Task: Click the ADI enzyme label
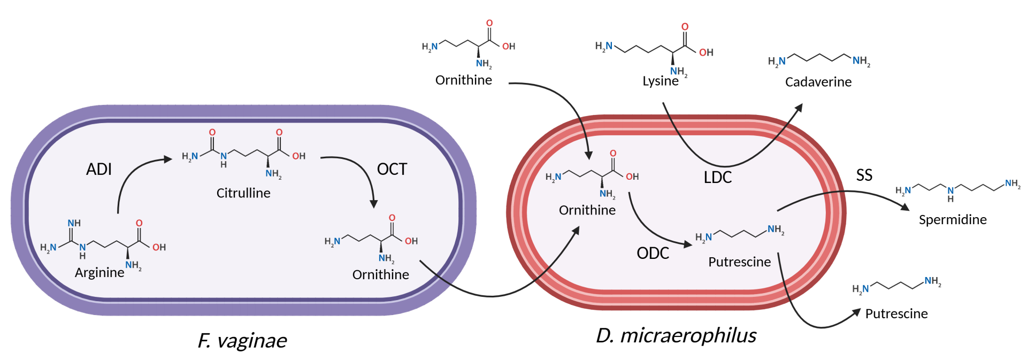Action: (99, 169)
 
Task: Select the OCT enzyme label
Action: (392, 169)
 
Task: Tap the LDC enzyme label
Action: (717, 177)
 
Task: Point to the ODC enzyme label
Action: (653, 253)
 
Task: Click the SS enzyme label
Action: (864, 175)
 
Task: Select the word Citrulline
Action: (243, 193)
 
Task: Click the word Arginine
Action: (99, 273)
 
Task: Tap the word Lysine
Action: (661, 81)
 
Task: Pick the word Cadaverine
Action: (818, 82)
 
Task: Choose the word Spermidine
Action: (953, 220)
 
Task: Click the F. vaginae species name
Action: (242, 341)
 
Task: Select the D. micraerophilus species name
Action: (676, 335)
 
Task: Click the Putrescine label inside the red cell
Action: (740, 262)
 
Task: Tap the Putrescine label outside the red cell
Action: (896, 313)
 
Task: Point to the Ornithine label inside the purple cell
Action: (380, 274)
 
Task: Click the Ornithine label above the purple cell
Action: (464, 80)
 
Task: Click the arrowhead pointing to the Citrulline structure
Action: (167, 159)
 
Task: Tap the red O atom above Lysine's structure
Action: (685, 27)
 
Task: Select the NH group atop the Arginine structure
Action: (74, 223)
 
